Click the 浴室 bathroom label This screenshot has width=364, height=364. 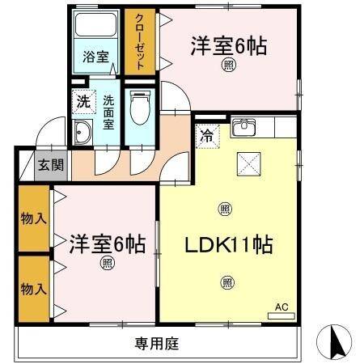tap(96, 57)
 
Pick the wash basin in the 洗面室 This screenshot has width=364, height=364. tap(83, 134)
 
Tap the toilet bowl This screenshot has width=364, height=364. tap(140, 108)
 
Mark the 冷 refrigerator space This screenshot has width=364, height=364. tap(207, 136)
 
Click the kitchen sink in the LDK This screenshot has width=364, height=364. tap(243, 127)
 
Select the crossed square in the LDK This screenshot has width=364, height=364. tap(248, 164)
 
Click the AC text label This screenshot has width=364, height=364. tap(281, 307)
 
